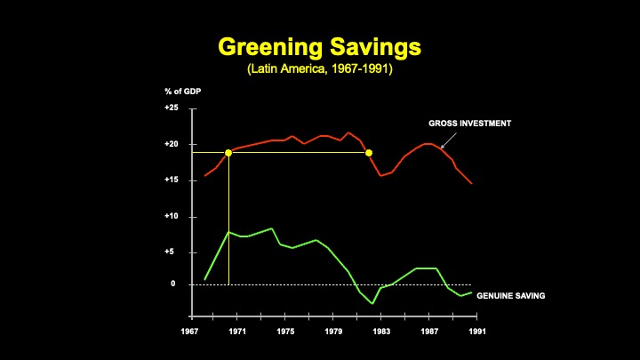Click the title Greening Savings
(319, 45)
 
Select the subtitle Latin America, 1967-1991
(319, 68)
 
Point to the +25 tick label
(172, 108)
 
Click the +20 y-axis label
(172, 144)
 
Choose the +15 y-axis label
(172, 180)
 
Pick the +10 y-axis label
(172, 216)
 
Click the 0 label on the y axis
(174, 284)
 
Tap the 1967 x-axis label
(190, 332)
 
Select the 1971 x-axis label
(238, 332)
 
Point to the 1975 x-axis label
(286, 332)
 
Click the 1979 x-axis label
(334, 332)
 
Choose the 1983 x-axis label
(382, 332)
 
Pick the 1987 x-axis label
(430, 332)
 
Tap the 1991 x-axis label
(478, 332)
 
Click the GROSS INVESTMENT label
(469, 124)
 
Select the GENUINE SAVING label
(511, 294)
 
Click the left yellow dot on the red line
(228, 153)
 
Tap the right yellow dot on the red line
(369, 153)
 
